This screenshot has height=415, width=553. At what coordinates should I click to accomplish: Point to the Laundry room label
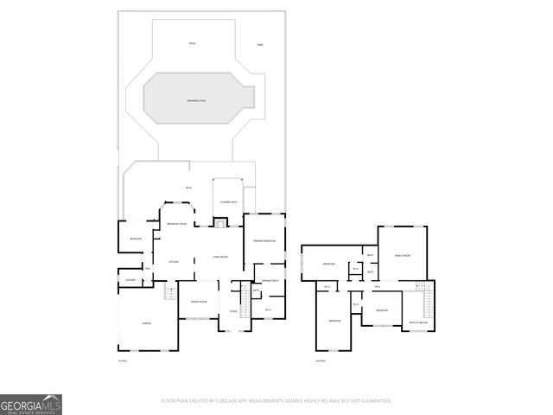tap(131, 280)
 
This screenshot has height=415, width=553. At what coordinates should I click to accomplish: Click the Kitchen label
tap(173, 260)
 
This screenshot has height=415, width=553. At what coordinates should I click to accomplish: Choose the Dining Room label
tap(197, 301)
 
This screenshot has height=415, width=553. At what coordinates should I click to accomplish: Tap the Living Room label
tap(221, 257)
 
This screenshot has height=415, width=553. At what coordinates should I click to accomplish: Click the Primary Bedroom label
tap(264, 239)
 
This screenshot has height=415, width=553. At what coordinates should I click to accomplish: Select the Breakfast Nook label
tap(177, 225)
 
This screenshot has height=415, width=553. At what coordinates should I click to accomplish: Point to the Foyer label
tap(233, 311)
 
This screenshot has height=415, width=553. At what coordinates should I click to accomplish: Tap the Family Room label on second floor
tap(403, 256)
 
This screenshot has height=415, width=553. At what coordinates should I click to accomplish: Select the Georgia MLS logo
tap(31, 404)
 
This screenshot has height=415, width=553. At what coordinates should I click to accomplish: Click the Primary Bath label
tap(268, 281)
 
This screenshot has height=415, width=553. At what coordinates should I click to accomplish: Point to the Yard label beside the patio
tap(260, 44)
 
